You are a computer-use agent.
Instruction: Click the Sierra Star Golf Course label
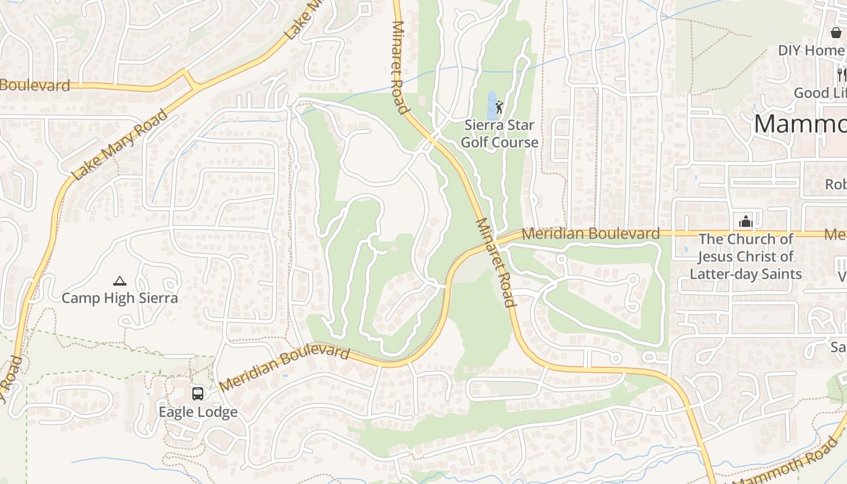(x=500, y=134)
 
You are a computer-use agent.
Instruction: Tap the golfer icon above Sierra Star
(x=499, y=108)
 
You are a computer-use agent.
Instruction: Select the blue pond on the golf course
(x=491, y=106)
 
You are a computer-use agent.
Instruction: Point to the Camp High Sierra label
(x=120, y=298)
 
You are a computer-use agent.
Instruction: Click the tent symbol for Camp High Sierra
(x=120, y=281)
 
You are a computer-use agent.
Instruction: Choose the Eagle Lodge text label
(x=198, y=412)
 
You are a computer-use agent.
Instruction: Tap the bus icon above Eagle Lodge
(x=198, y=394)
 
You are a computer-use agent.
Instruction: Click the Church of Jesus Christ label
(x=746, y=257)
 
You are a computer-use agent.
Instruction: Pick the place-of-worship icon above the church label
(x=745, y=221)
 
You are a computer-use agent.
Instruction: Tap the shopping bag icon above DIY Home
(x=836, y=33)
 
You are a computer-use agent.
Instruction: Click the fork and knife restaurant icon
(x=842, y=74)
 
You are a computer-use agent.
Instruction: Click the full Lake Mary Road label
(x=119, y=145)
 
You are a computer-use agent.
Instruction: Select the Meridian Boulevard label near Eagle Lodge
(x=284, y=367)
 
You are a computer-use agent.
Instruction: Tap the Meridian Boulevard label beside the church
(x=590, y=234)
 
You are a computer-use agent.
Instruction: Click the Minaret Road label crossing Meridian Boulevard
(x=495, y=261)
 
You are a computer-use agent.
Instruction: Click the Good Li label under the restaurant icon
(x=820, y=93)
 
